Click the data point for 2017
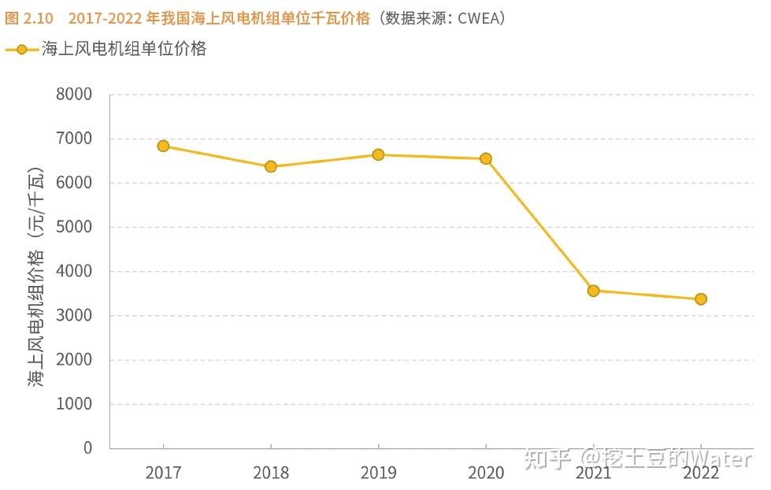click(x=163, y=146)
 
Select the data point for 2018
click(x=271, y=166)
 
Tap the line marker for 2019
click(x=378, y=154)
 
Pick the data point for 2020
click(x=486, y=158)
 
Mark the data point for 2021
click(x=593, y=291)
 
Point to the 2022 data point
click(x=701, y=299)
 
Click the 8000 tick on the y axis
click(x=74, y=95)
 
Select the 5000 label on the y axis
click(x=74, y=227)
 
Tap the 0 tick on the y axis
click(x=87, y=448)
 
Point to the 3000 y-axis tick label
click(x=74, y=316)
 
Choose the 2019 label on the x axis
click(x=378, y=473)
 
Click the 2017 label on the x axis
click(x=163, y=473)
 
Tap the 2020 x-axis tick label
click(x=486, y=473)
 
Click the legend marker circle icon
click(x=21, y=50)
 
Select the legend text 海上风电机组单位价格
click(x=124, y=49)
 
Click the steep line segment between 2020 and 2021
click(x=539, y=225)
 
